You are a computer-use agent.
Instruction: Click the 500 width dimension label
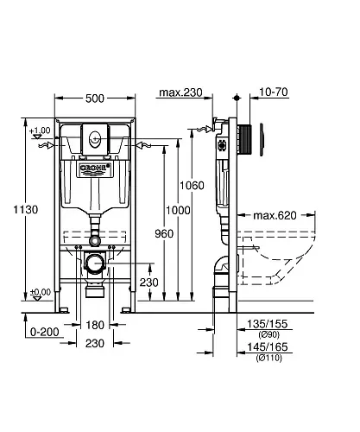(x=95, y=98)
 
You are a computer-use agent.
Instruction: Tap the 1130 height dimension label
(x=26, y=210)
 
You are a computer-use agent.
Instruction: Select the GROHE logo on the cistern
(x=94, y=168)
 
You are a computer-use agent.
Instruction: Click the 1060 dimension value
(x=192, y=186)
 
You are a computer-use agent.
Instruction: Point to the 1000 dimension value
(x=178, y=210)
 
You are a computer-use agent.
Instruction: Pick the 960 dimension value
(x=164, y=233)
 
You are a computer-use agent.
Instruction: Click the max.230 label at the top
(x=180, y=92)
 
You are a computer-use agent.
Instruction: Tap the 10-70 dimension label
(x=274, y=92)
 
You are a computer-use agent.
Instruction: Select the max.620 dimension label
(x=275, y=215)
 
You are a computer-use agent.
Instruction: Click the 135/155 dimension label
(x=268, y=324)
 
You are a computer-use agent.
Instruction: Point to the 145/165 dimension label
(x=268, y=347)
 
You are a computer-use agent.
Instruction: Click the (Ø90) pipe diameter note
(x=268, y=334)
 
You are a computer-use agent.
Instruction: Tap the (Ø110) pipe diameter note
(x=268, y=358)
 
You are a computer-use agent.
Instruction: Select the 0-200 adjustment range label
(x=45, y=332)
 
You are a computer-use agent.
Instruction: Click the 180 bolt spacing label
(x=95, y=325)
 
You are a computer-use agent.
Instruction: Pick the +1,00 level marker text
(x=40, y=130)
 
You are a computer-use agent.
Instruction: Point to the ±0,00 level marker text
(x=41, y=292)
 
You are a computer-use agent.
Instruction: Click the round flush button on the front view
(x=95, y=138)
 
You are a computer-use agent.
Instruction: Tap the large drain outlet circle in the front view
(x=95, y=263)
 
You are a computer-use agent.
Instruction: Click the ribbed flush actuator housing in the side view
(x=245, y=140)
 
